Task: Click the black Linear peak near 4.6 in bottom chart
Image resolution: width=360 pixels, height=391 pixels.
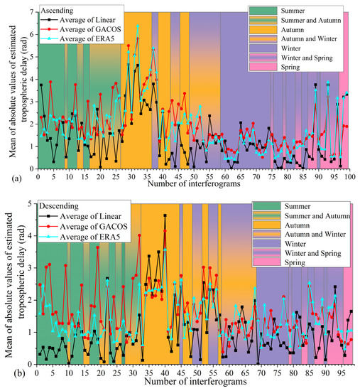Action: point(165,215)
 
